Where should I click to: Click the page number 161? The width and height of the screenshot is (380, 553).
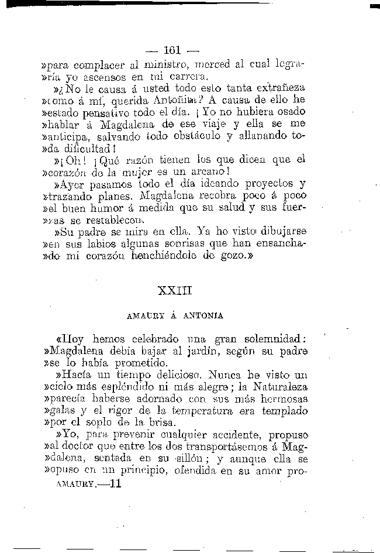click(174, 50)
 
